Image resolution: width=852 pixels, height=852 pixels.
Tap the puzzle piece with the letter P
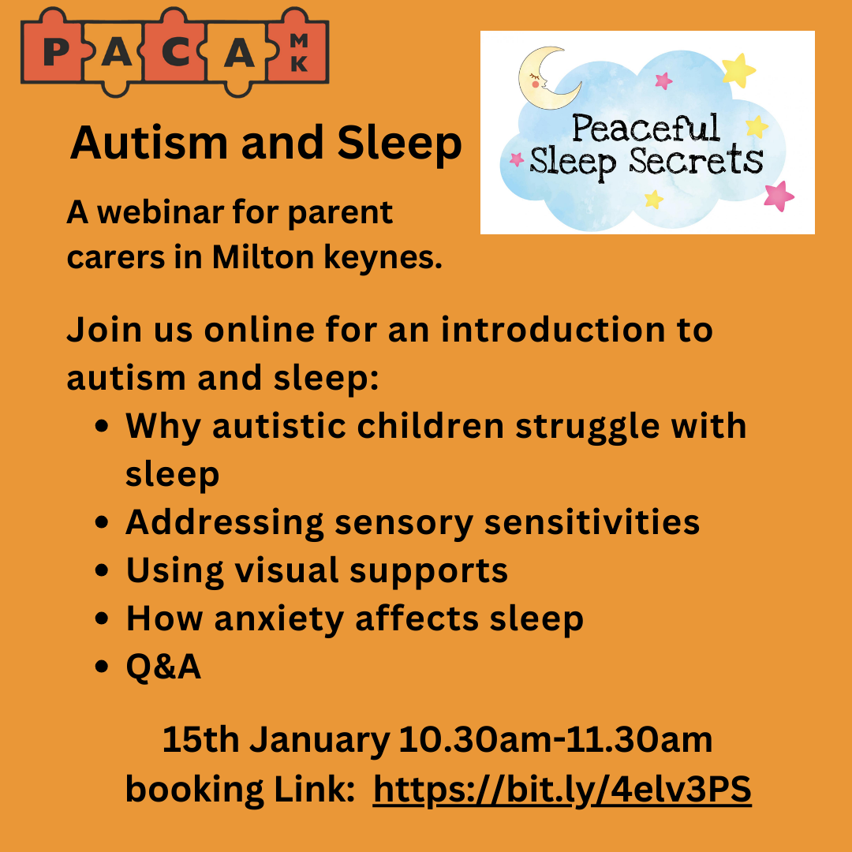tap(54, 52)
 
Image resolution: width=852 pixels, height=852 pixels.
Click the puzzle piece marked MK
tap(299, 52)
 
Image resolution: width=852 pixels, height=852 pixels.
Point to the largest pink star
tap(779, 196)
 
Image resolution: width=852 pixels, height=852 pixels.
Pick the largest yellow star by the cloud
tap(738, 69)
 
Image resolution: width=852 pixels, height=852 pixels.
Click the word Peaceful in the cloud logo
tap(646, 129)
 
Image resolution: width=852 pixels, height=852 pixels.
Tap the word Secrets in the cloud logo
tap(696, 161)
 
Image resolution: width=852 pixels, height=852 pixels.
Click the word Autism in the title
tap(149, 143)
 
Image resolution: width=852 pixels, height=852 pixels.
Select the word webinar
tap(159, 211)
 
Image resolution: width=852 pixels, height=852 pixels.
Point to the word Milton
tap(263, 256)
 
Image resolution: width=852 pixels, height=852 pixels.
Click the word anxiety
tap(279, 620)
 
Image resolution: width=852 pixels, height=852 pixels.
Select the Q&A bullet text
tap(163, 667)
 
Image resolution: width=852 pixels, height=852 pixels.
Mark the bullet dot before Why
tap(102, 426)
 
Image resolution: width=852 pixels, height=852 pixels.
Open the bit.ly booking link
tap(562, 790)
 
